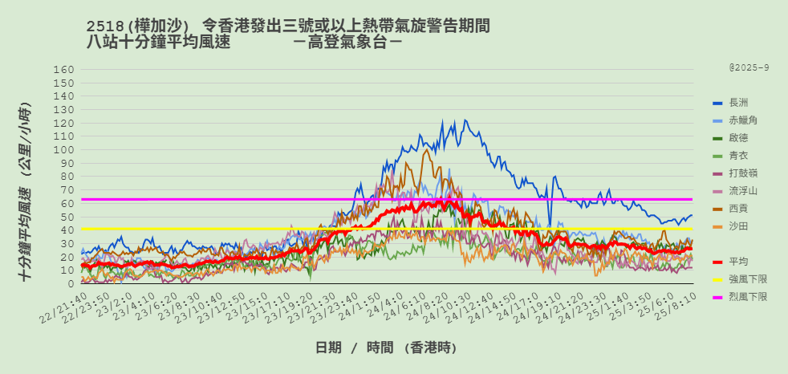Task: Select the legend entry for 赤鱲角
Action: (742, 120)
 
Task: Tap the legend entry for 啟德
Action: (738, 138)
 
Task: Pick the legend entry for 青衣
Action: (738, 156)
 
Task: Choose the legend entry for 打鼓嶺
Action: (742, 173)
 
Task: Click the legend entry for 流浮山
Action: (742, 191)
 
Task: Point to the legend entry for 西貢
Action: (738, 209)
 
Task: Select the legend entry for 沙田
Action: (738, 226)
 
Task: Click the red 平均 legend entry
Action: (738, 262)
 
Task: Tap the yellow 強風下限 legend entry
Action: (747, 279)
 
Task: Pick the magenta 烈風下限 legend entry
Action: (747, 297)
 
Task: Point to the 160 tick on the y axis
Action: (64, 70)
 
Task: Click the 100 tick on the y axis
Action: (64, 150)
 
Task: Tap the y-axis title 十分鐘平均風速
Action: (26, 193)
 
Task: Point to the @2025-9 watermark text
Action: (749, 68)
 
